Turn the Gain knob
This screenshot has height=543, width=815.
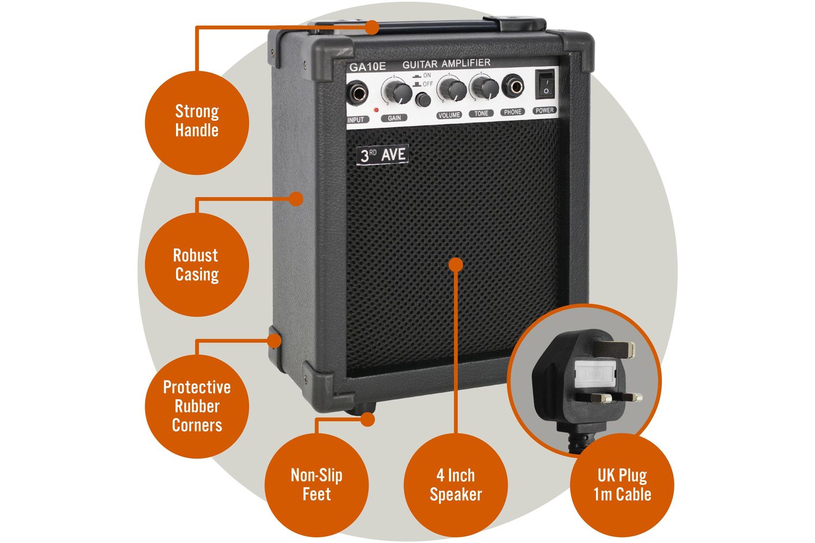pyautogui.click(x=396, y=91)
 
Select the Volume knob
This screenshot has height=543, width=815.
pyautogui.click(x=452, y=89)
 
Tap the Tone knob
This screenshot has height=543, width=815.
pyautogui.click(x=485, y=87)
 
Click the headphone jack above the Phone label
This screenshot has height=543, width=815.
pyautogui.click(x=513, y=86)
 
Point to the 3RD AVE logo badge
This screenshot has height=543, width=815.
pyautogui.click(x=384, y=155)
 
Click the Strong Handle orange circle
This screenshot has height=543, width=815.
pyautogui.click(x=197, y=121)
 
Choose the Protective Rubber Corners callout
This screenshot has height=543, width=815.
pyautogui.click(x=197, y=406)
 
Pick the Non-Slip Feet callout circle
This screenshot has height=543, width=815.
pyautogui.click(x=316, y=485)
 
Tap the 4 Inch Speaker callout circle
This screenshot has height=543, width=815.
pyautogui.click(x=455, y=485)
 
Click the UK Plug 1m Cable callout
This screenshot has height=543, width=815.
pyautogui.click(x=622, y=485)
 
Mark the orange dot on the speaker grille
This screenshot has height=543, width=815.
pyautogui.click(x=456, y=264)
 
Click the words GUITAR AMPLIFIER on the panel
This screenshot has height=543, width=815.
pyautogui.click(x=446, y=64)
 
